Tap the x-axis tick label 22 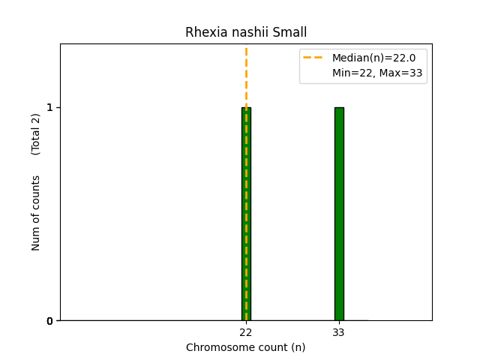coord(246,332)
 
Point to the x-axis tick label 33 coord(339,332)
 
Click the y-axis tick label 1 coord(50,107)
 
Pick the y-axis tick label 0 coord(50,321)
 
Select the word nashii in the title coord(247,33)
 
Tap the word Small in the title coord(290,33)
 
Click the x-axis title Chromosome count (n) coord(246,347)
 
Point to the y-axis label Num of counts coord(36,213)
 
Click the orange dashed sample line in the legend coord(313,58)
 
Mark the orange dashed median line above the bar coord(246,75)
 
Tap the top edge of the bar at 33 coord(339,107)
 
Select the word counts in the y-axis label coord(36,191)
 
